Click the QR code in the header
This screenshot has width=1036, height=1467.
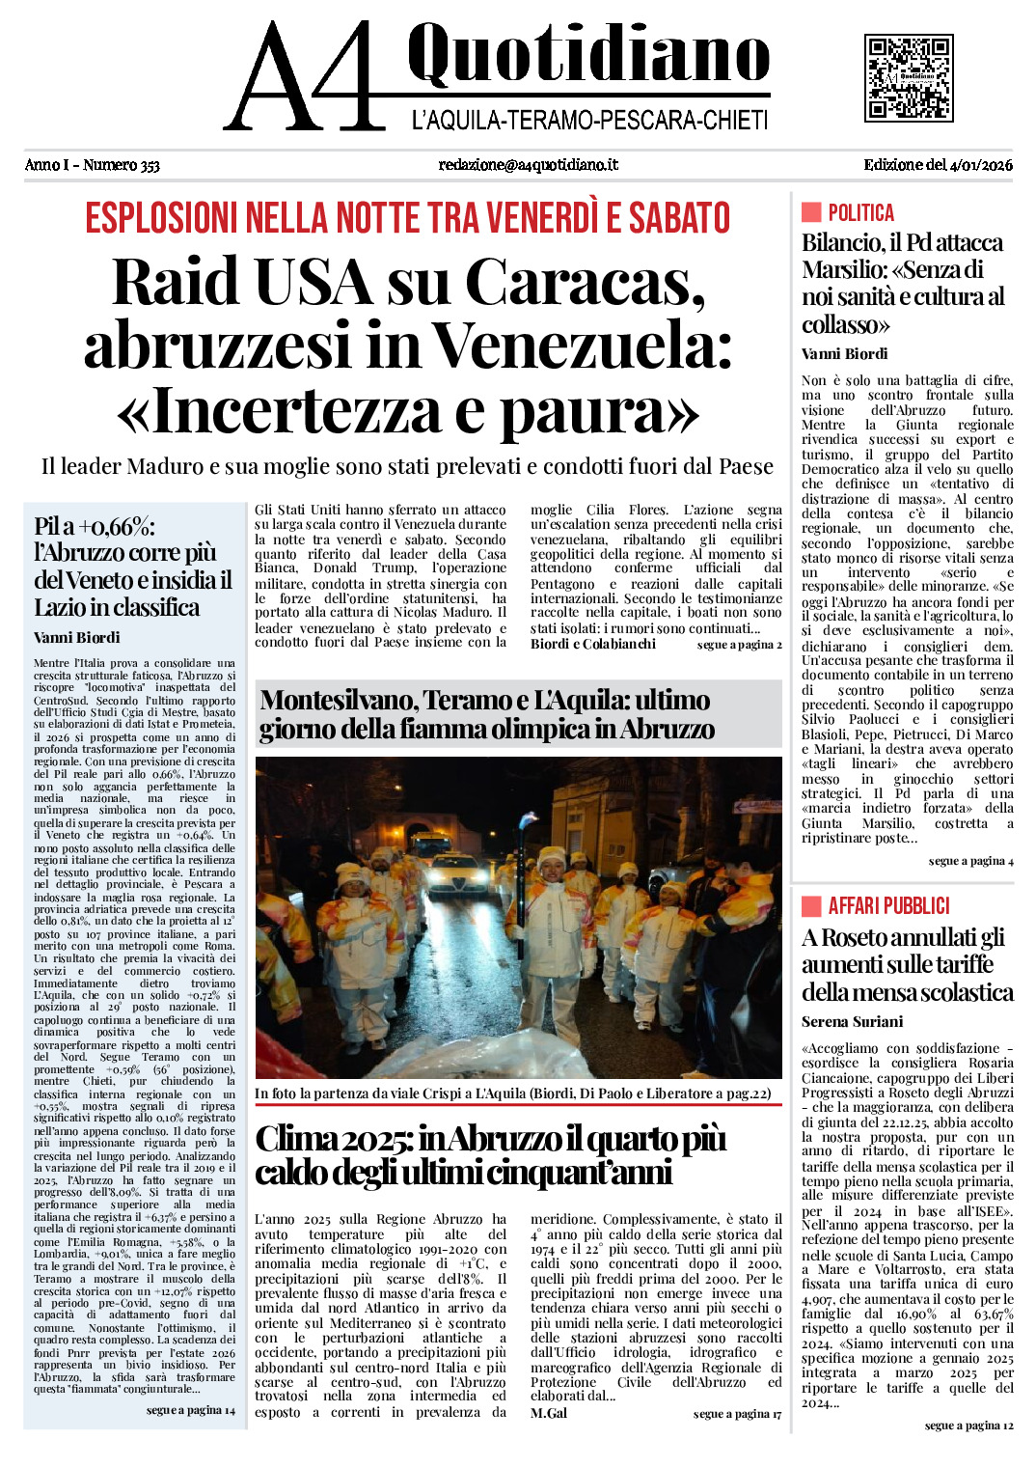tap(908, 77)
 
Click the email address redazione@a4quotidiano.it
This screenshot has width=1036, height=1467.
tap(528, 165)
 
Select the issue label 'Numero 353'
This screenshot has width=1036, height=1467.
tap(121, 165)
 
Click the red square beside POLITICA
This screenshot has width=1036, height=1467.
tap(811, 212)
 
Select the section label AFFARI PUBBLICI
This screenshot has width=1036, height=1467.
tap(888, 905)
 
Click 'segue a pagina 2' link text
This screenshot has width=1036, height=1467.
tap(739, 645)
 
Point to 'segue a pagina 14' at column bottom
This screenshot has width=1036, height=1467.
tap(190, 1410)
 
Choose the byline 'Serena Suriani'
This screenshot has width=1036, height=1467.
tap(852, 1021)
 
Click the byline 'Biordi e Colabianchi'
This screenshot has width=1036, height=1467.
tap(592, 644)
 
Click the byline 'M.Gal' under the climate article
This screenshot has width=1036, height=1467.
tap(548, 1413)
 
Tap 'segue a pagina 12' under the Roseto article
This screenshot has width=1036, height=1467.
tap(968, 1425)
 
